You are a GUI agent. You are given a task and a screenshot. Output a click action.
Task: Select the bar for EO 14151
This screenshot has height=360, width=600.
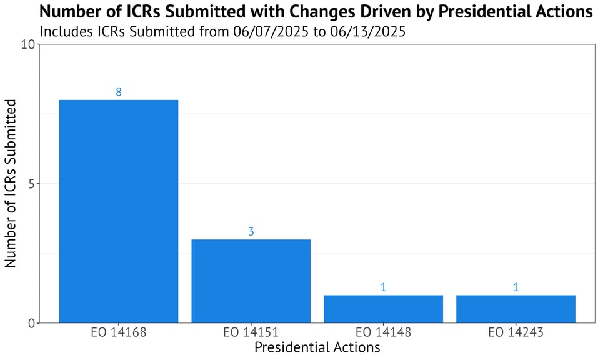point(251,281)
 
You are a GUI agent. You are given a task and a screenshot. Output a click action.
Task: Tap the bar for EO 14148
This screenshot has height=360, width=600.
point(383,309)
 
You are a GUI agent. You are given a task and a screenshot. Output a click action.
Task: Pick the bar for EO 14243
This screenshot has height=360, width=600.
point(516,309)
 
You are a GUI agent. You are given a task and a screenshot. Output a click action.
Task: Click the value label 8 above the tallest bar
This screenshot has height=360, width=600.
point(119,92)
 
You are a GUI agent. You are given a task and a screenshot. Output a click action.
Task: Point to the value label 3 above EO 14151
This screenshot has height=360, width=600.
point(251,232)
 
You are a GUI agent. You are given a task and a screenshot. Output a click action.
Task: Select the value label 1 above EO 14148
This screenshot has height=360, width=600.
point(383,287)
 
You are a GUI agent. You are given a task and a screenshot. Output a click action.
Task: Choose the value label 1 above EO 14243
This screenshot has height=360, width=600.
point(516,287)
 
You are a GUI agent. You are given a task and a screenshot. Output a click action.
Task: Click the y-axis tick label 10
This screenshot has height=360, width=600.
point(28,45)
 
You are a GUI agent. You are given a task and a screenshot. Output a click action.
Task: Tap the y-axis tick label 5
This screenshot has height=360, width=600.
point(31,184)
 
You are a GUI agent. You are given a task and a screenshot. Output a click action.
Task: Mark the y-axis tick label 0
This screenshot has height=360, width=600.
point(31,323)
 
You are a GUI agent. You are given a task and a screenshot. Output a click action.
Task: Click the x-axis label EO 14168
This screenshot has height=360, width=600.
point(119,332)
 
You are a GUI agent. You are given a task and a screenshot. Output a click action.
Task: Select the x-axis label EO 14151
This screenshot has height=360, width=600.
point(251,332)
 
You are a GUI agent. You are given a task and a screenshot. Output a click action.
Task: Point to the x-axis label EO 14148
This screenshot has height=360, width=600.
point(383,332)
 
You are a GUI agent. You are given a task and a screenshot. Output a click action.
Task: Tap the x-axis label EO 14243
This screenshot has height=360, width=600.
point(516,332)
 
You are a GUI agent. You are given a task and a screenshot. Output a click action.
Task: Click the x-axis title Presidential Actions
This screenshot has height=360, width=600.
point(317,347)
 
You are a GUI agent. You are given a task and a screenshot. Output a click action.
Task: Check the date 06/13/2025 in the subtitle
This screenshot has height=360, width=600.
point(366,31)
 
